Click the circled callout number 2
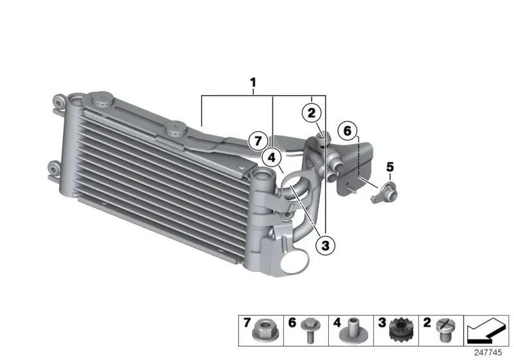[312, 113]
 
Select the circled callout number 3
[325, 245]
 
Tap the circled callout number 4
[272, 158]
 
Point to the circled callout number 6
[348, 130]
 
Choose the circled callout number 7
[258, 141]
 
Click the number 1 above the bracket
[253, 82]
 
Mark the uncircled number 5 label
[390, 167]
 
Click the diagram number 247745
[488, 352]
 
